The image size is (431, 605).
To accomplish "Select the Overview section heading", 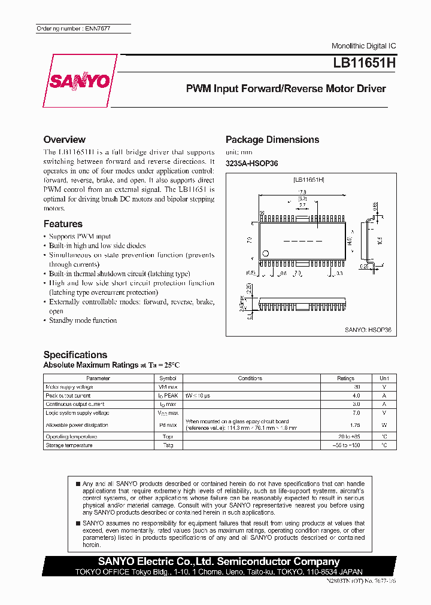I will click(x=64, y=139).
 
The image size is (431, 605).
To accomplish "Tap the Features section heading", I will click(x=63, y=224).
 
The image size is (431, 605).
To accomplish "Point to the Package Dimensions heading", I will click(x=272, y=140).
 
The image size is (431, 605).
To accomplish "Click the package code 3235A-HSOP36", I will click(x=251, y=164).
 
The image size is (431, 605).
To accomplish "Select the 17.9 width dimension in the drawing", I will click(x=303, y=192).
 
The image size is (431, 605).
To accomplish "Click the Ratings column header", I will click(x=345, y=378).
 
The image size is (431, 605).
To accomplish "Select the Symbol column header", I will click(x=168, y=378).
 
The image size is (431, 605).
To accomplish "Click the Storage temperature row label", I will click(x=69, y=445).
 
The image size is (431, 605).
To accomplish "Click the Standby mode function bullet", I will click(x=83, y=320).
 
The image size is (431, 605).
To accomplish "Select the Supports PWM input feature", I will click(x=80, y=237).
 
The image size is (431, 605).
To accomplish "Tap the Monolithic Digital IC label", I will click(x=363, y=46).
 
